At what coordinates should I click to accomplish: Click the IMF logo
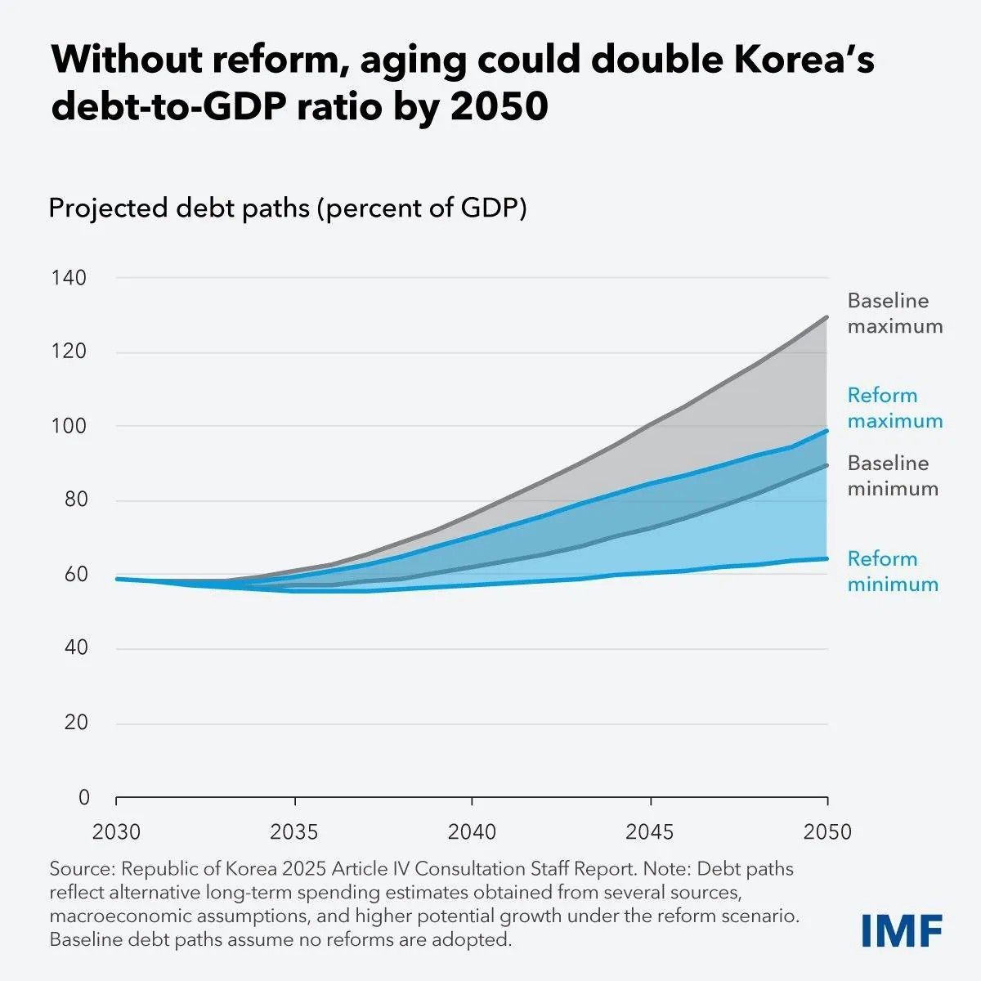(x=902, y=930)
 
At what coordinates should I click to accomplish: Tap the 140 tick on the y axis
(x=69, y=278)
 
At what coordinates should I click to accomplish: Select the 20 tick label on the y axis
(x=76, y=723)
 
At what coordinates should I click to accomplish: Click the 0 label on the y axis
(x=83, y=797)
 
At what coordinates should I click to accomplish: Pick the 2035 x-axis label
(x=294, y=832)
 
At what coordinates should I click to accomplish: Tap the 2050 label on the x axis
(x=827, y=832)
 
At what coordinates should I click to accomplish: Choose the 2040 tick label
(x=472, y=832)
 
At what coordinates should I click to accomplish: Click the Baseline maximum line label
(x=894, y=313)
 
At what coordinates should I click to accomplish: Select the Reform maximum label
(x=894, y=408)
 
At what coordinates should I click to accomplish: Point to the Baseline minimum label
(x=892, y=476)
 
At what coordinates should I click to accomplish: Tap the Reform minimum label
(x=892, y=571)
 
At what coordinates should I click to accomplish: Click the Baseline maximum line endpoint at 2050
(x=827, y=317)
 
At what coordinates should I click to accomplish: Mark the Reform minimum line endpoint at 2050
(x=827, y=558)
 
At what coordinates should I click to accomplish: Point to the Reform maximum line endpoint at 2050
(x=827, y=431)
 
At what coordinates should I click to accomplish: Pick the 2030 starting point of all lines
(x=117, y=579)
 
